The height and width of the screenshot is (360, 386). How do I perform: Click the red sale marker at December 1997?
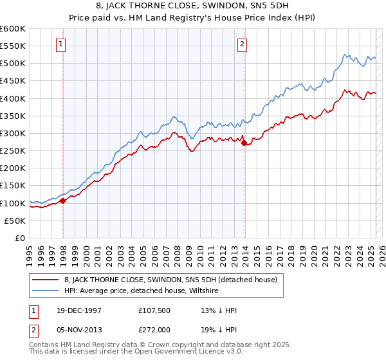click(63, 201)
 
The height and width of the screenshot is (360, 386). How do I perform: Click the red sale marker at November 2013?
click(244, 143)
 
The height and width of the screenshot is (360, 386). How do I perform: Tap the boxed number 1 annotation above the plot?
click(60, 44)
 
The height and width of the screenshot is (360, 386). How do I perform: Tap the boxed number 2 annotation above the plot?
click(242, 44)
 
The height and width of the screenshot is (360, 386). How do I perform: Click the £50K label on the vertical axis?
click(15, 221)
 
